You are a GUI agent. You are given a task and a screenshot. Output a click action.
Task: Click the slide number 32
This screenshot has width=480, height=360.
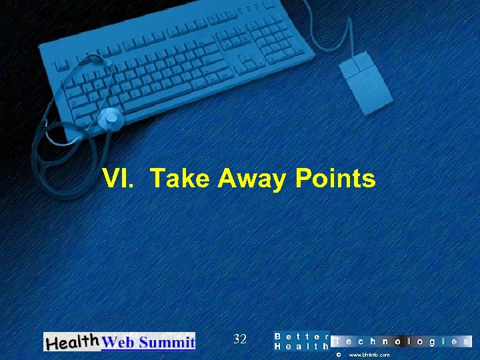coord(240,339)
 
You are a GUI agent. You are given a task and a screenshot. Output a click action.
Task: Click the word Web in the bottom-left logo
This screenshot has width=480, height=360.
coord(117,343)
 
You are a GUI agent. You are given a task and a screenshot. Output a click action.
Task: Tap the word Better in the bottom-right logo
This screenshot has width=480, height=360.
coord(302,336)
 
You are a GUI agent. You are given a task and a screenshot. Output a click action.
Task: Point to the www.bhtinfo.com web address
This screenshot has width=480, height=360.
coord(369,355)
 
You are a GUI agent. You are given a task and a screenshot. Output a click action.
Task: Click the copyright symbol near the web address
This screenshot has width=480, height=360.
coord(339,355)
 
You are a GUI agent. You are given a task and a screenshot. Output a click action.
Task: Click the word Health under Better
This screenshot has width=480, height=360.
coord(302,347)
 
